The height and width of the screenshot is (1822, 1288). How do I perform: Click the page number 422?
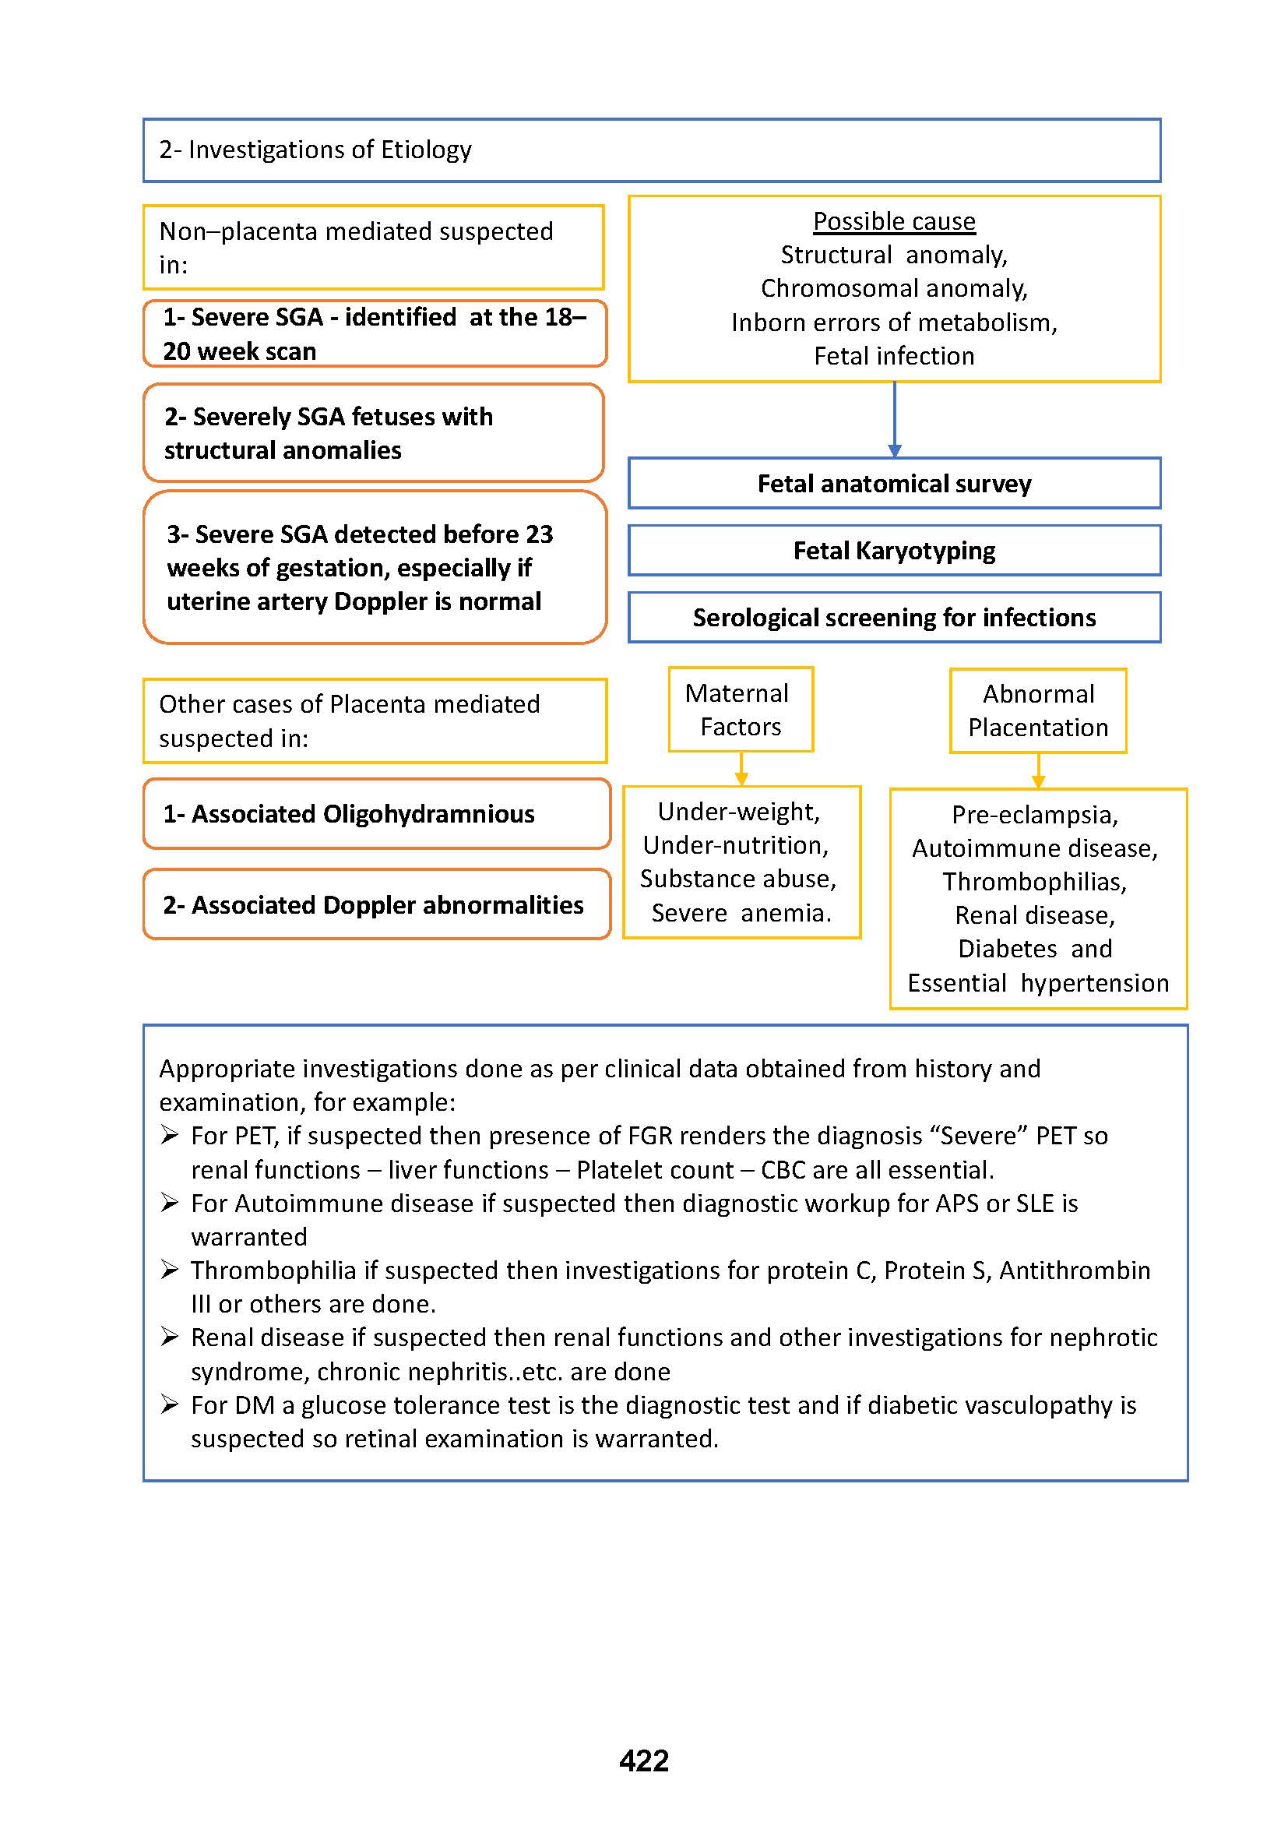[643, 1760]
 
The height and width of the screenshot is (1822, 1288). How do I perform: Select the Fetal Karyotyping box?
[894, 550]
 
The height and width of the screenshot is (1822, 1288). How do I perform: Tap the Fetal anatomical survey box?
[894, 483]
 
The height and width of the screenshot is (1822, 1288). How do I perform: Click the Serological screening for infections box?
[894, 618]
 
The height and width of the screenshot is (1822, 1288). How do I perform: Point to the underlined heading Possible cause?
[894, 221]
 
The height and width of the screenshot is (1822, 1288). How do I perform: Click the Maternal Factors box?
[740, 710]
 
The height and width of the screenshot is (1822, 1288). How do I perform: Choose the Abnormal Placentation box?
[1037, 710]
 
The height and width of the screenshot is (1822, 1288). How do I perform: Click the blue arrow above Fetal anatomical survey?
[895, 449]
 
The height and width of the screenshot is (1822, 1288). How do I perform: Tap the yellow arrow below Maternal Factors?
[741, 777]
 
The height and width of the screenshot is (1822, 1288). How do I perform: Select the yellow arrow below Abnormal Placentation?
[1038, 779]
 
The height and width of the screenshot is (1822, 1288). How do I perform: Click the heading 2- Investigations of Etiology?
[315, 150]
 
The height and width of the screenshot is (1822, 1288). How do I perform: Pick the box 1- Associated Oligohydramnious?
[377, 813]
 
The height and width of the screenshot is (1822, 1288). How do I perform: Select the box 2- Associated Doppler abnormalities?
[377, 904]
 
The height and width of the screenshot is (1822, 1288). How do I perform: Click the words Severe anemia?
[741, 914]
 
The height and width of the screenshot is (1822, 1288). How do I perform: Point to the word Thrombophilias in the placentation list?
[1034, 882]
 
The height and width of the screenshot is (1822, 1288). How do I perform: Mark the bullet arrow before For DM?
[169, 1404]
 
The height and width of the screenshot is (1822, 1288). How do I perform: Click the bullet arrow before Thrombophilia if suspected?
[169, 1270]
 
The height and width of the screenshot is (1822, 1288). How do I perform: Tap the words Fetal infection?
[894, 356]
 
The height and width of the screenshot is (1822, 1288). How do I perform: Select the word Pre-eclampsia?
[1034, 815]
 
